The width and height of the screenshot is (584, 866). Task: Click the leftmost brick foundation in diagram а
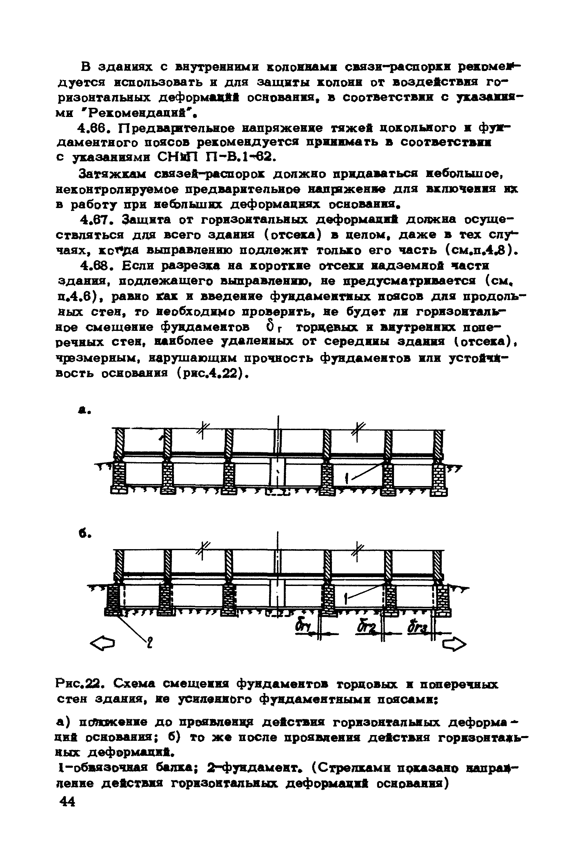[x=118, y=479]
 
